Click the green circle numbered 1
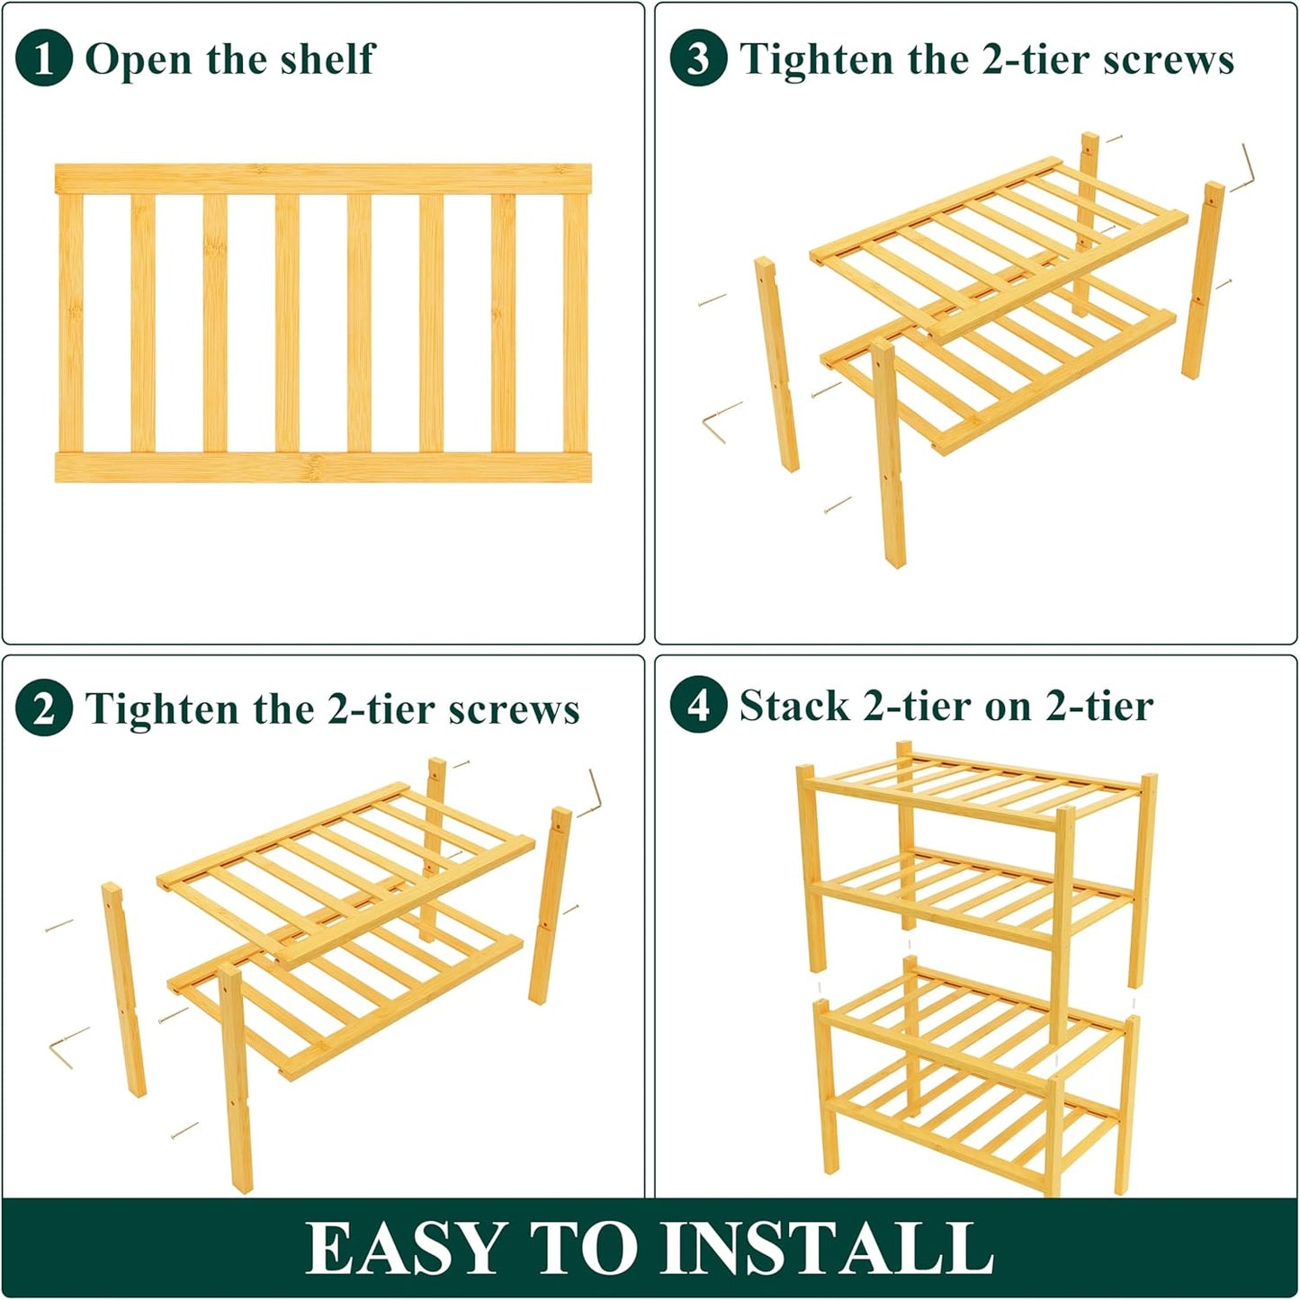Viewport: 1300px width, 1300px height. coord(43,58)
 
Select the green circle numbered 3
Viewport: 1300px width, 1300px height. coord(698,58)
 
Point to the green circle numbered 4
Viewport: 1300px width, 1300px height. coord(698,705)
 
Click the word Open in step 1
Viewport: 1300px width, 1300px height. coord(139,60)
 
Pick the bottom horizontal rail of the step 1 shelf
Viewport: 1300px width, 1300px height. coord(323,467)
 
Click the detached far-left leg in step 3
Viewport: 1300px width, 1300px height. coord(776,364)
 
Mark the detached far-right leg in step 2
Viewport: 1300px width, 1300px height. coord(549,904)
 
